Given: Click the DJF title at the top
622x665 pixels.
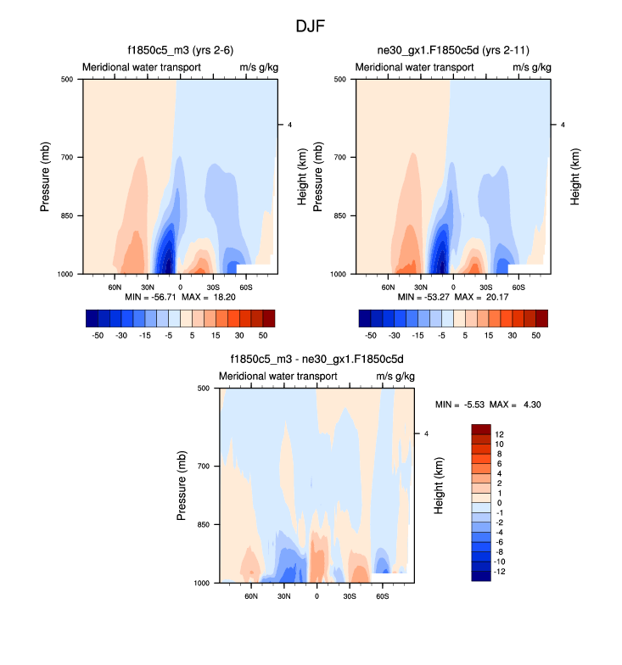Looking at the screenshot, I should point(311,26).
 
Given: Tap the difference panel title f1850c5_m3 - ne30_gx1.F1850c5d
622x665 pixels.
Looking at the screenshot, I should point(316,360).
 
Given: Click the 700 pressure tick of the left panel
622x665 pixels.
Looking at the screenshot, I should point(65,158).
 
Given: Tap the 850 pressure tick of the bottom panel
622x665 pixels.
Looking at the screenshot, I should point(202,525).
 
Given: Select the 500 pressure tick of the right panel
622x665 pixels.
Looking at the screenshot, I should point(339,80).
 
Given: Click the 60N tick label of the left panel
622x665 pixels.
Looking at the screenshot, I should point(115,288).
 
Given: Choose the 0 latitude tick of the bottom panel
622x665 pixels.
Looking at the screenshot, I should point(317,596).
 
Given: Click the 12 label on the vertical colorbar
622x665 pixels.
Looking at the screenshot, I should point(500,434).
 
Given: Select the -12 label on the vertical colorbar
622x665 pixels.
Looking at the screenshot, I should point(502,572).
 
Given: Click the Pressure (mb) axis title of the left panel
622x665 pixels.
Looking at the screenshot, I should point(46,176).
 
